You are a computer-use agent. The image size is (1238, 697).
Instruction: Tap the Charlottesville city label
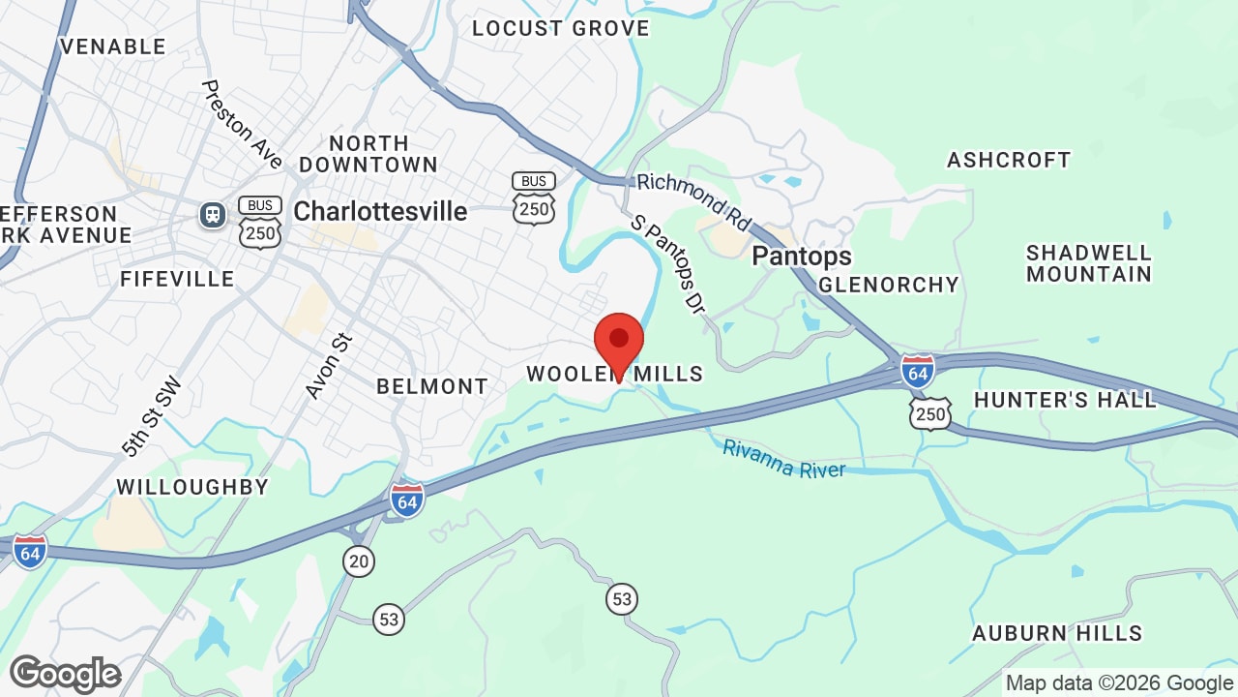coord(380,211)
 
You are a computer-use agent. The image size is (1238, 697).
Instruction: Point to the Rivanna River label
coord(784,459)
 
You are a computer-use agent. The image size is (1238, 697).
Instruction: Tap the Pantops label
coord(802,256)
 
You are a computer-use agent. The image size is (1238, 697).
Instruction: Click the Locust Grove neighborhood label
coord(560,28)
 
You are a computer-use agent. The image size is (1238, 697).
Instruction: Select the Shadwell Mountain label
coord(1089,263)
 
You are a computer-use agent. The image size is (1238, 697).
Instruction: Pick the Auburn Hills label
coord(1057,633)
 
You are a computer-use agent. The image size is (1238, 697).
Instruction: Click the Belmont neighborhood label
coord(432,386)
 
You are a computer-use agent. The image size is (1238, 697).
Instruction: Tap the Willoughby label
coord(192,487)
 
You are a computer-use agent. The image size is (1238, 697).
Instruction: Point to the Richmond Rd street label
coord(693,201)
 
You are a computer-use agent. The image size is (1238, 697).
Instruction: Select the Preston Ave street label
coord(242,124)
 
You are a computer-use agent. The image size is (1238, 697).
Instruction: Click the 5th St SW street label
coord(152,417)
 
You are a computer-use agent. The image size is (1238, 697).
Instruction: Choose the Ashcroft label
coord(1009,160)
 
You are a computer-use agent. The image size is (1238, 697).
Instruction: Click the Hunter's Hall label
coord(1065,400)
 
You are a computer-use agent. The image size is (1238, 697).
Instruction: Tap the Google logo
coord(65,674)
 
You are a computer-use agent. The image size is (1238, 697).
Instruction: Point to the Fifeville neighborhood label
coord(177,279)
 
